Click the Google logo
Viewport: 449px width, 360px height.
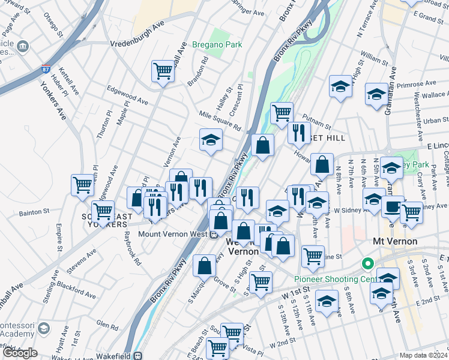point(20,353)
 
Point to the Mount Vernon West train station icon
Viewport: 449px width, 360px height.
point(213,235)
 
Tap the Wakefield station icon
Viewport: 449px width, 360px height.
point(138,355)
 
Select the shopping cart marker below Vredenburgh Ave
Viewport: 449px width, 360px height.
point(163,71)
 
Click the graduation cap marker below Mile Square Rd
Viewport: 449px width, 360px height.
point(211,140)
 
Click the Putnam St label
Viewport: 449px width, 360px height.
point(319,122)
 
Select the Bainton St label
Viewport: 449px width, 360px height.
point(34,212)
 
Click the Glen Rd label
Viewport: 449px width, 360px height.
point(106,326)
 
